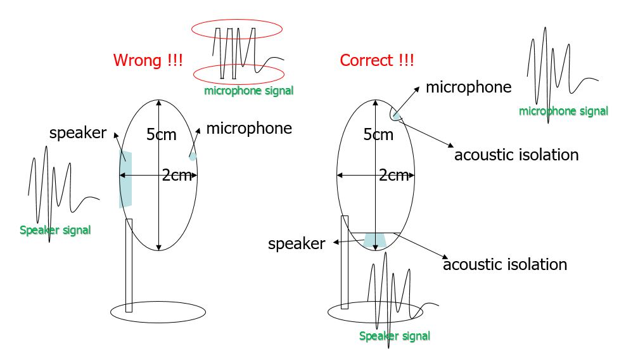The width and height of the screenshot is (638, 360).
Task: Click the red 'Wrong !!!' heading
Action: coord(148,61)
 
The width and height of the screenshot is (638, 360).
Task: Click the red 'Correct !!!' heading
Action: coord(377,61)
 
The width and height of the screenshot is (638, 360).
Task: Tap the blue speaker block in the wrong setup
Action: coord(125,179)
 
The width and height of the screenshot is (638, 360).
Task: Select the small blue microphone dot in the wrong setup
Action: coord(193,156)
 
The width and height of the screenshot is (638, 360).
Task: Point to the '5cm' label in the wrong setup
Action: coord(162,134)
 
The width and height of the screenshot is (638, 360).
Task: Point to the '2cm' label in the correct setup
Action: coord(393,176)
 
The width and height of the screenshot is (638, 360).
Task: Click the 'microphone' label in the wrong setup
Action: coord(249,129)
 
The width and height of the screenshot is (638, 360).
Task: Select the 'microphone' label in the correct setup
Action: coord(468,87)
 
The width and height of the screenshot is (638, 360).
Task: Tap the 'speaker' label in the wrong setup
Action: coord(78,133)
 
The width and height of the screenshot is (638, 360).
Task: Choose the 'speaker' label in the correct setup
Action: coord(297,243)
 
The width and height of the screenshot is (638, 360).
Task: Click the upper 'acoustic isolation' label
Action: coord(516,155)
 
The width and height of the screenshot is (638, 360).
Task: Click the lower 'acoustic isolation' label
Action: coord(505,264)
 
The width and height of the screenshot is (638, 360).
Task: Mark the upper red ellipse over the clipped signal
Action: coord(236,29)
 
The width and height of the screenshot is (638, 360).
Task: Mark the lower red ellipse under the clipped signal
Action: coord(238,74)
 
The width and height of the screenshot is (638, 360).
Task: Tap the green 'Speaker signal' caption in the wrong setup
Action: coord(55,230)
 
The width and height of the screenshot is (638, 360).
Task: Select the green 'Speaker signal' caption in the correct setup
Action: coord(395,336)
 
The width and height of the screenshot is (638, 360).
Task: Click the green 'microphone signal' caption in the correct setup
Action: coord(563,112)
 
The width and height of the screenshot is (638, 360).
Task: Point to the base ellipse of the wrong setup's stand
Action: coord(158,312)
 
